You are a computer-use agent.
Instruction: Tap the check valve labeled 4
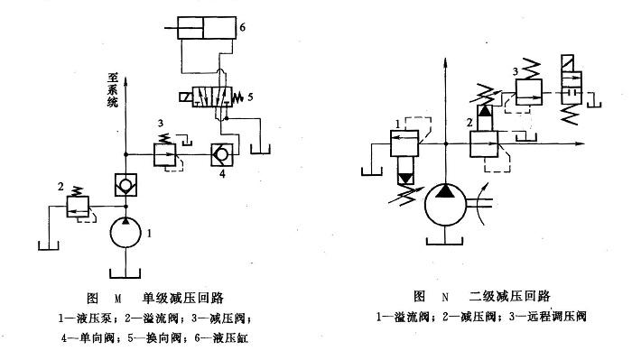(219, 152)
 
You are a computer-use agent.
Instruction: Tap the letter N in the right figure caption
(444, 296)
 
